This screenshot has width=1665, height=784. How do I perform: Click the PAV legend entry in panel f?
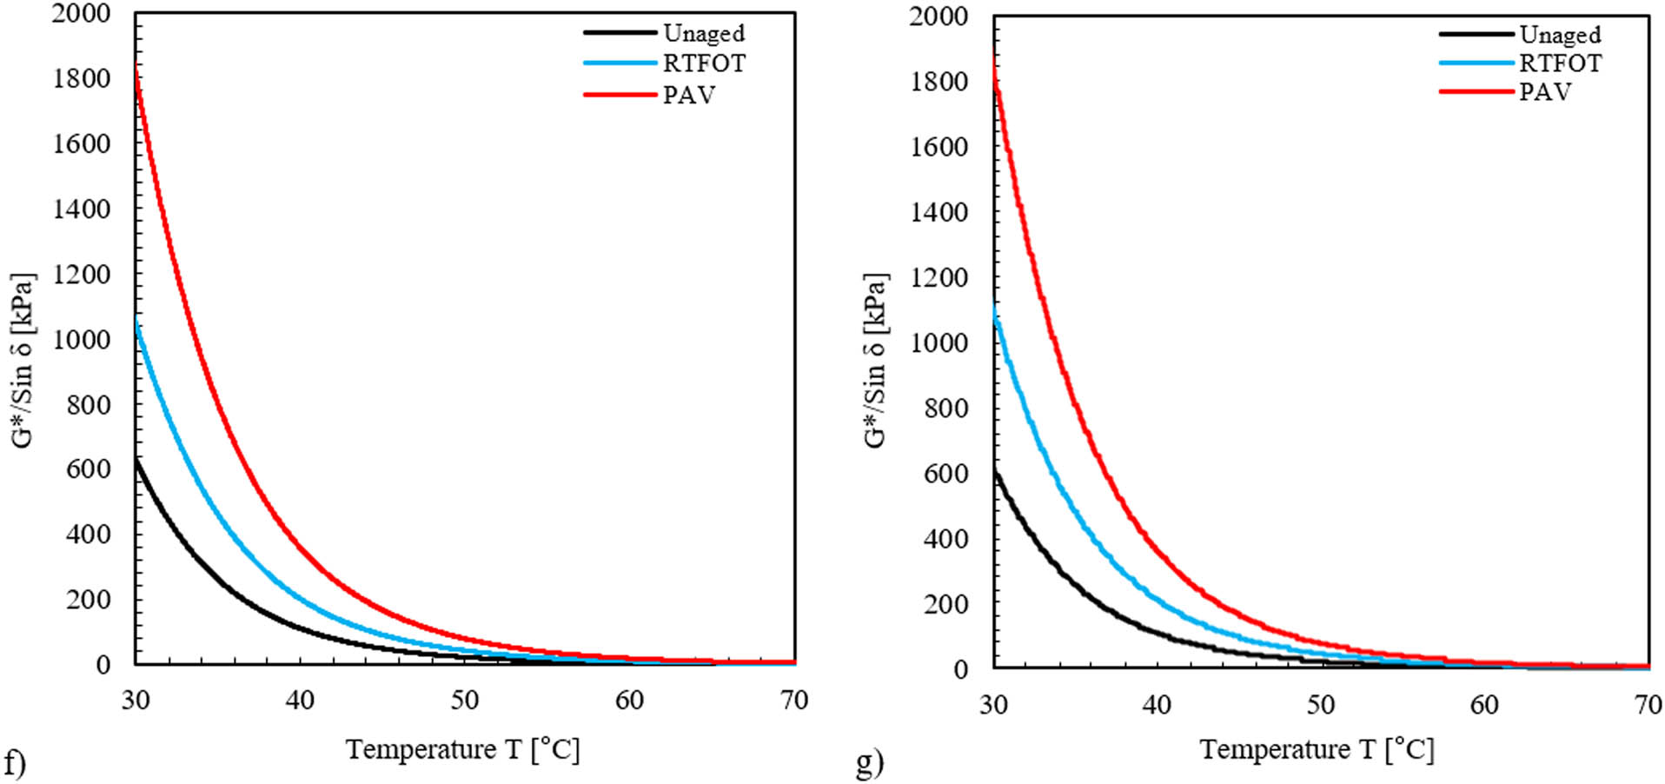click(688, 95)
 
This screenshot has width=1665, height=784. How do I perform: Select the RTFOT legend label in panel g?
click(1559, 63)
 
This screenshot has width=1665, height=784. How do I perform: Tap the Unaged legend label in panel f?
click(703, 33)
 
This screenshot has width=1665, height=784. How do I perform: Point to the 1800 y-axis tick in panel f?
click(82, 78)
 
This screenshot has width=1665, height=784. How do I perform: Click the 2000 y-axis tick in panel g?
click(939, 16)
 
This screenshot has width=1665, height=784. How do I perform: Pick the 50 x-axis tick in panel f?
click(465, 700)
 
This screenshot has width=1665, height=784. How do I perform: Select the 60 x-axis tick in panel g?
click(1484, 704)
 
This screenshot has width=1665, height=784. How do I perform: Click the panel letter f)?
click(15, 764)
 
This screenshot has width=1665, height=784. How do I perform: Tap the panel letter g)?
click(869, 764)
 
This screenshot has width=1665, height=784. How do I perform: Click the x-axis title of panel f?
click(462, 748)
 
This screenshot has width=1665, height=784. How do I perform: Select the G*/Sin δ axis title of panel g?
click(875, 361)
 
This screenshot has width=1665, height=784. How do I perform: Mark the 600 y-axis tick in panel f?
click(89, 469)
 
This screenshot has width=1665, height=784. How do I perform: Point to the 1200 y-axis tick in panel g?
click(939, 277)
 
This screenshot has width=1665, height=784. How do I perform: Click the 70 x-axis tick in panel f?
click(794, 700)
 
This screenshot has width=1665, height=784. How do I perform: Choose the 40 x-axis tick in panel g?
click(1157, 704)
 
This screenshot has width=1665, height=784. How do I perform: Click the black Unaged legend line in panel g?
click(1476, 34)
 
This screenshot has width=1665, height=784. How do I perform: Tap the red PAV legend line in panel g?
click(1476, 91)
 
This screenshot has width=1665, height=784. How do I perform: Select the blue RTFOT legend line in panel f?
click(619, 63)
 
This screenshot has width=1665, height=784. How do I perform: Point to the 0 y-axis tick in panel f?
click(103, 665)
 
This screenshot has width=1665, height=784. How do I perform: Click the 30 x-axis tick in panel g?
click(993, 704)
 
